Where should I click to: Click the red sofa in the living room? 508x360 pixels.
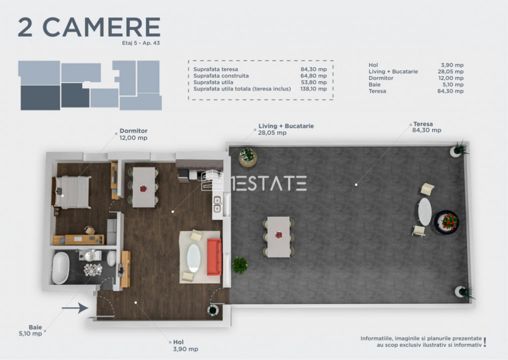coord(214,257)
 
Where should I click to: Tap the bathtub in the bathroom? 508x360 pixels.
coord(61,268)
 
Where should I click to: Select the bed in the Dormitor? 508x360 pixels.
coord(71,192)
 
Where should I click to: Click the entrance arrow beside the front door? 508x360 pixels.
coord(75,308)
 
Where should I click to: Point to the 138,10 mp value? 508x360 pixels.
coord(314,88)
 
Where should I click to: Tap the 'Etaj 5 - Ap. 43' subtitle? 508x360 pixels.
coord(141,43)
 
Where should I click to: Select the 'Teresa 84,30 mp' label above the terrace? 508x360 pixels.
coord(426,127)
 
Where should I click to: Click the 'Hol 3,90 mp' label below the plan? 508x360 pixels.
coord(186,346)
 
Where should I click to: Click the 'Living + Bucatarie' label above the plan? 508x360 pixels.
coord(286,126)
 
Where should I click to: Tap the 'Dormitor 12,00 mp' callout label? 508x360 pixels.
coord(133,134)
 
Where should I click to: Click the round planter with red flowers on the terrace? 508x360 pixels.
coord(446,222)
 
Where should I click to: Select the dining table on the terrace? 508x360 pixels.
coord(279,236)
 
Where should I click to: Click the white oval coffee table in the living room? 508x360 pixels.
coord(194,258)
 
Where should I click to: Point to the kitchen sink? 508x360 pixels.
coord(217,205)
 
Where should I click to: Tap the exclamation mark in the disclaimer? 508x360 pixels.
coord(485,342)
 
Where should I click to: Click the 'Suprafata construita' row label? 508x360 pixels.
coord(221,75)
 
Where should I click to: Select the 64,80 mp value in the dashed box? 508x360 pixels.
coord(314,75)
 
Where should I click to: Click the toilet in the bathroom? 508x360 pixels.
coord(111,259)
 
